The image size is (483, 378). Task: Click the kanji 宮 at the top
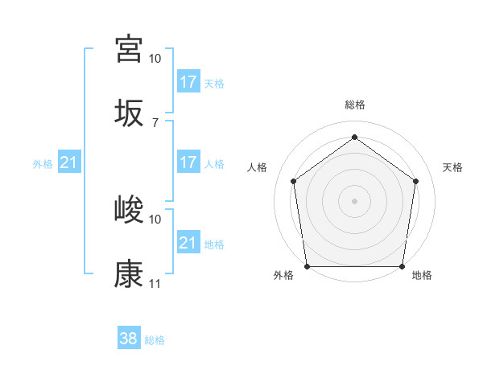click(129, 49)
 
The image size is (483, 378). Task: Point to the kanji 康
click(129, 274)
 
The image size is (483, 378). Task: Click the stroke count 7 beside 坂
click(155, 122)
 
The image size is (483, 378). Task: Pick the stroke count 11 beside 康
click(155, 284)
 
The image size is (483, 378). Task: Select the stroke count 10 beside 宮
click(155, 59)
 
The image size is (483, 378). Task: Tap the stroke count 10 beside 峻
click(155, 219)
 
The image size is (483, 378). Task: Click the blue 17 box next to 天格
click(188, 81)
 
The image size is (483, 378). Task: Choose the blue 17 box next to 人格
click(188, 162)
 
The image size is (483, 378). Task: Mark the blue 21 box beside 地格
click(188, 242)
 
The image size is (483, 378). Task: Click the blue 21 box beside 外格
click(69, 162)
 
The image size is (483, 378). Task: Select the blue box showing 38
click(129, 339)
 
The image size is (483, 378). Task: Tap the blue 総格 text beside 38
click(155, 340)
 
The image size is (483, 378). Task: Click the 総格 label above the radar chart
click(355, 105)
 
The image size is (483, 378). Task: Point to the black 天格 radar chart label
click(452, 167)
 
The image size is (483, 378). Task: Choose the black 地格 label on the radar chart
click(422, 276)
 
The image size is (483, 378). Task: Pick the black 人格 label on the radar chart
click(258, 167)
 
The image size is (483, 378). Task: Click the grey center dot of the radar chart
click(355, 200)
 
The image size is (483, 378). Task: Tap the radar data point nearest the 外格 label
click(308, 266)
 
